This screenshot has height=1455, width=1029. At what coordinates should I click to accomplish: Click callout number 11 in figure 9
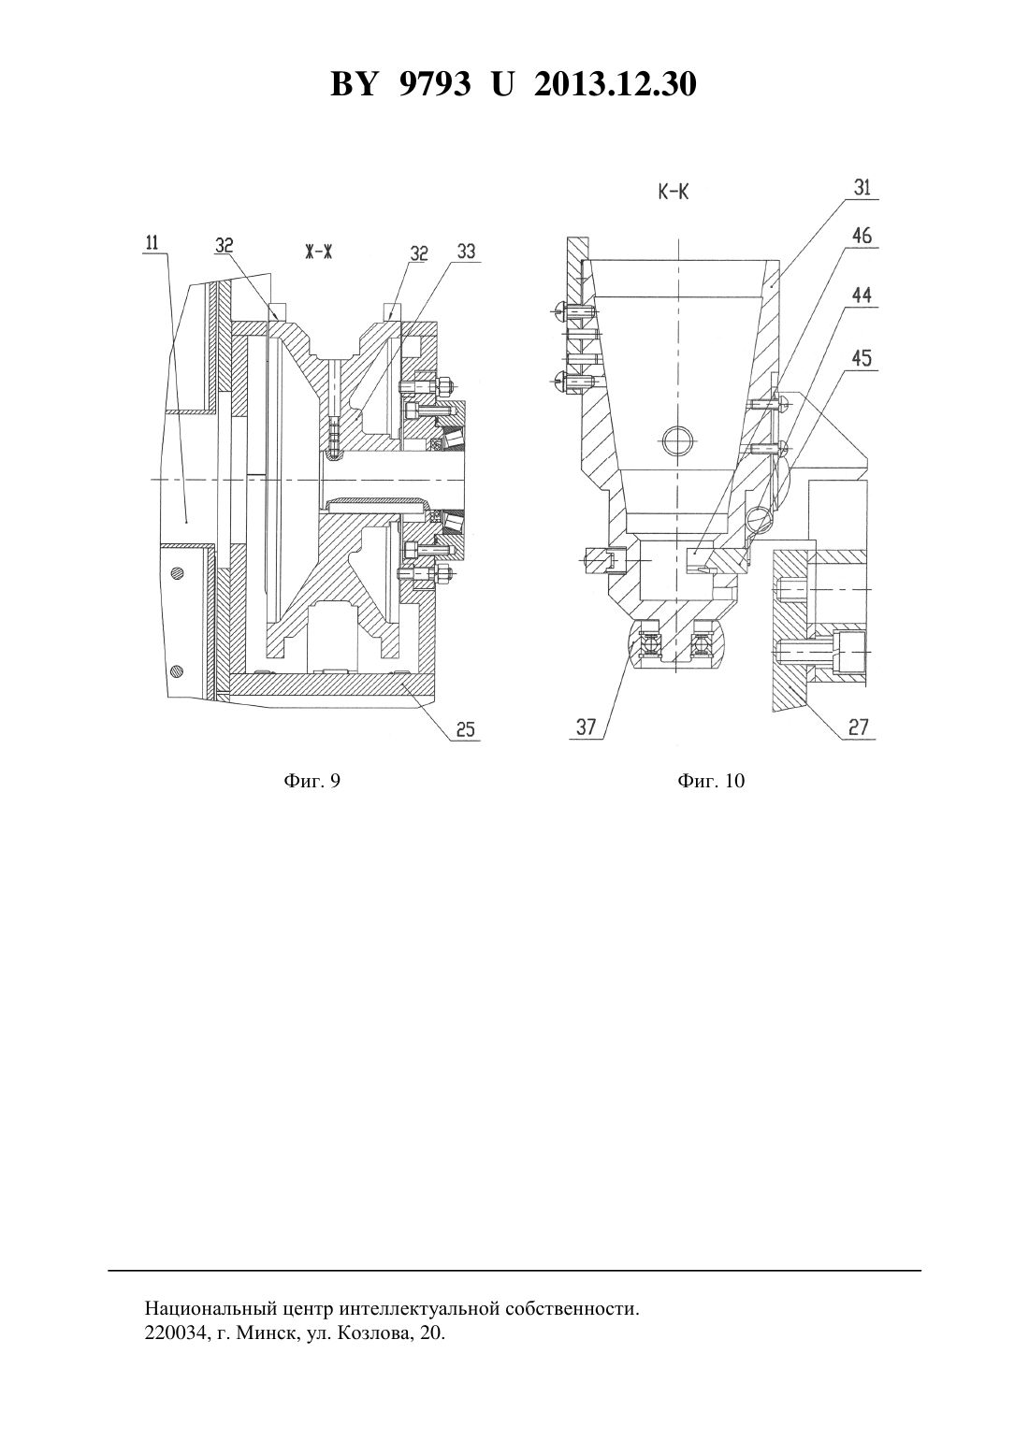(x=152, y=243)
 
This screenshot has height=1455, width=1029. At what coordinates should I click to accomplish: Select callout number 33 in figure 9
(x=466, y=252)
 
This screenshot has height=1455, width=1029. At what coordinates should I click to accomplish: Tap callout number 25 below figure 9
(x=465, y=729)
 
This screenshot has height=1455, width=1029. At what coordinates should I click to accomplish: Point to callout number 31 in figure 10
(x=862, y=188)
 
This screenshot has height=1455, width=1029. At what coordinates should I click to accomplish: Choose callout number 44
(x=862, y=295)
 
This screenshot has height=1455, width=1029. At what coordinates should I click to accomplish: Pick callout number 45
(x=862, y=358)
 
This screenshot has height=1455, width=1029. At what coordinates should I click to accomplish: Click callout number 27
(x=858, y=727)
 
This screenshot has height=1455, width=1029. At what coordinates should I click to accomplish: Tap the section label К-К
(x=674, y=193)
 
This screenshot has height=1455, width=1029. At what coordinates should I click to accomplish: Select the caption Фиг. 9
(x=312, y=781)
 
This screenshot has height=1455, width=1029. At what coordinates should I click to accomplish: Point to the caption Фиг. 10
(x=711, y=781)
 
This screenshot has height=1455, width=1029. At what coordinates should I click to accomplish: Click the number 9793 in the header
(x=435, y=84)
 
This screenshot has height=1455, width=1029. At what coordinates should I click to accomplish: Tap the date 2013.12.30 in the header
(x=616, y=84)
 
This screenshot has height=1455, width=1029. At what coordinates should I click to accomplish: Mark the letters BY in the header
(x=354, y=84)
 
